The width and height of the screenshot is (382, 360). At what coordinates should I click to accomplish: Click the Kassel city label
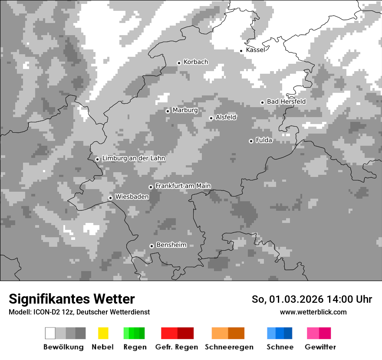point(255,50)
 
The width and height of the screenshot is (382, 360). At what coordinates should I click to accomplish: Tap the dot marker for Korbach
point(179,63)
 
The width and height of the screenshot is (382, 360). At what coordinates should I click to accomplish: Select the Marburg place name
point(185,110)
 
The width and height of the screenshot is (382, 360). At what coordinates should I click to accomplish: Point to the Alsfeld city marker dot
point(211,118)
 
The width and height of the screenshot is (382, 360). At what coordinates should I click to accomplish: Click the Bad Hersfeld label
point(286,101)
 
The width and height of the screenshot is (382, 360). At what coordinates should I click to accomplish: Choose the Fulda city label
point(264,140)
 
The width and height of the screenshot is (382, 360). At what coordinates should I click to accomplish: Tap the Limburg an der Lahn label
point(134,158)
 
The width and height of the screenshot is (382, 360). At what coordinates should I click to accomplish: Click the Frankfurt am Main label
point(183,186)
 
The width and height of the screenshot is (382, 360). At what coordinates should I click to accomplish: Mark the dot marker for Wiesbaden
point(111,198)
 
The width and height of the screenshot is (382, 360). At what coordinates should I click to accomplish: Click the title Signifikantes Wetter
point(72,299)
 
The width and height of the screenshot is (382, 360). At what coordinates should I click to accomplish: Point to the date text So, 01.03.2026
point(286,299)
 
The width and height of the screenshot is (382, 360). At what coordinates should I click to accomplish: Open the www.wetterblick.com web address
point(313,312)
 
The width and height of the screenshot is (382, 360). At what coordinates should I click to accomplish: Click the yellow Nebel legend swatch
point(103,333)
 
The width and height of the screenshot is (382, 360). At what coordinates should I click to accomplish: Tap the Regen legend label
point(135,347)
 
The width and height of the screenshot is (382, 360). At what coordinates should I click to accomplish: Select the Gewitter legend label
point(320,347)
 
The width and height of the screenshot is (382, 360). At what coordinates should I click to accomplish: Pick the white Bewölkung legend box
point(50,333)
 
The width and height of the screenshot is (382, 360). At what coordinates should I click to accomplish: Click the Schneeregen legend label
point(229,347)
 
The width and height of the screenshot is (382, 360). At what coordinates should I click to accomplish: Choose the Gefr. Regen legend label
point(177,347)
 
